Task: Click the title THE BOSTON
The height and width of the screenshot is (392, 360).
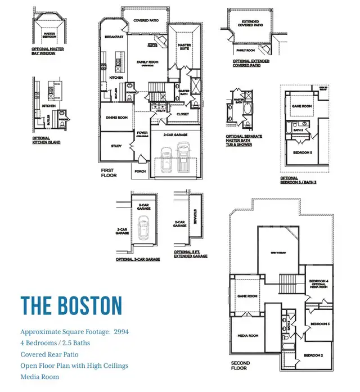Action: [x=71, y=305]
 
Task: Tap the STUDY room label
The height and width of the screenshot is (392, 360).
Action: [x=116, y=146]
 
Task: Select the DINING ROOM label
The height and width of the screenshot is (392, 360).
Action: [x=117, y=118]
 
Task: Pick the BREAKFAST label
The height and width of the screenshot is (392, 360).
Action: [x=114, y=37]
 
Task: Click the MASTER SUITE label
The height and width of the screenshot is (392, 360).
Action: [x=184, y=47]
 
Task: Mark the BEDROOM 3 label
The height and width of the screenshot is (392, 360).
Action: [x=319, y=324]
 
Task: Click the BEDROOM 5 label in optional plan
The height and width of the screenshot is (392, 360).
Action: [x=303, y=152]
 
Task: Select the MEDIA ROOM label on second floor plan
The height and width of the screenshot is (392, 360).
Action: [x=248, y=336]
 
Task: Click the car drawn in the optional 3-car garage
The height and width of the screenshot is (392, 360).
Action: [x=143, y=229]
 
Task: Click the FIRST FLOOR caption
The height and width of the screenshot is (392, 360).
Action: [x=109, y=173]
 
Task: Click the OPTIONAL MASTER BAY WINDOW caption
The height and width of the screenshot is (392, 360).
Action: [x=48, y=51]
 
